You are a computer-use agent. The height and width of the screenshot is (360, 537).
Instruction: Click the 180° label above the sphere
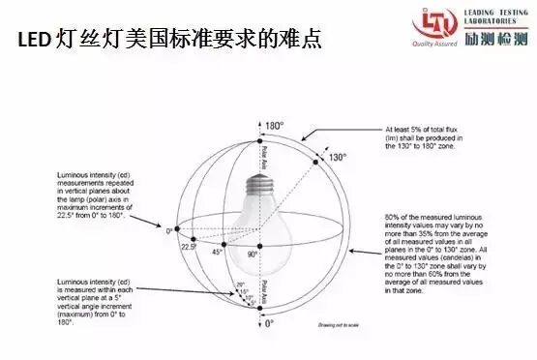click(x=275, y=127)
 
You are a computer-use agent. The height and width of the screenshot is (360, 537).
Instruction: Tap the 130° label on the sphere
click(x=336, y=157)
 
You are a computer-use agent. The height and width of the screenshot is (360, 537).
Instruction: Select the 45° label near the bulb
click(x=218, y=252)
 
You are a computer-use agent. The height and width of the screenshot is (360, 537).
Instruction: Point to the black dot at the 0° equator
click(x=178, y=230)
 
